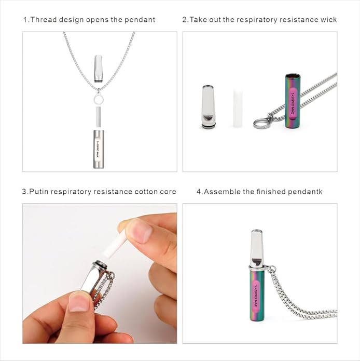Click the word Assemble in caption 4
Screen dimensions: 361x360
[x=222, y=192]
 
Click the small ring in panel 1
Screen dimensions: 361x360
[x=99, y=99]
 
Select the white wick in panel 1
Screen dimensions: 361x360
[x=99, y=116]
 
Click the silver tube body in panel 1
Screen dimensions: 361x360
[x=99, y=149]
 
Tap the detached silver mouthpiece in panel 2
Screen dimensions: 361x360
[x=209, y=106]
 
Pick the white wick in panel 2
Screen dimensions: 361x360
[x=238, y=108]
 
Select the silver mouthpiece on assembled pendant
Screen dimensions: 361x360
[x=256, y=248]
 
